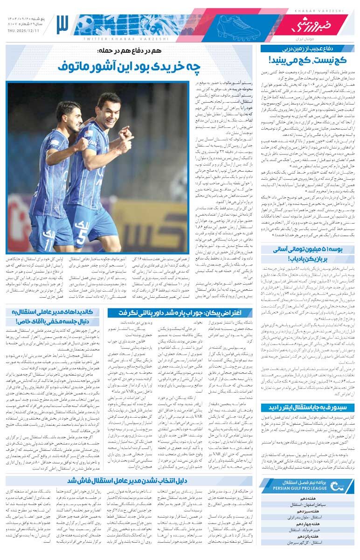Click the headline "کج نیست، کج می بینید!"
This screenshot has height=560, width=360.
point(308,61)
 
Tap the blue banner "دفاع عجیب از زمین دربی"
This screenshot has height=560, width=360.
point(308,49)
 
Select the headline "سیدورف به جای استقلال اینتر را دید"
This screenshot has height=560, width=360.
point(308,406)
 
